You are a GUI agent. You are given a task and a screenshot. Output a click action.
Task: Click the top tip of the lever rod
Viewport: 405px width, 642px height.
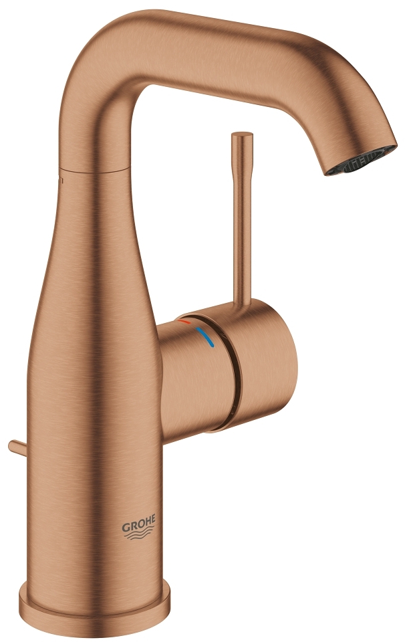click(x=241, y=137)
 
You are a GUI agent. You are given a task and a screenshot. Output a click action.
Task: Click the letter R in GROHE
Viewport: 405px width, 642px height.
click(x=131, y=527)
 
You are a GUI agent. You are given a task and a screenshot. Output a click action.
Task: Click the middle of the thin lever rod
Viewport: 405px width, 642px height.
click(x=241, y=221)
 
